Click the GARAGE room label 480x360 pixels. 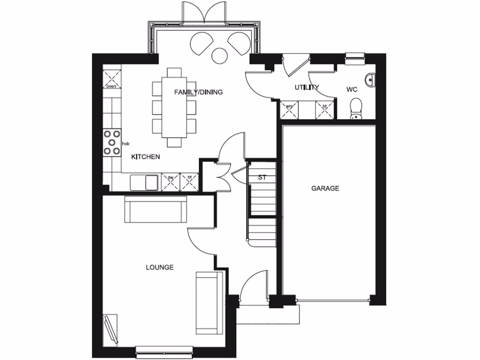[x=325, y=188]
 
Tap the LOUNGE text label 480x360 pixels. [x=159, y=268]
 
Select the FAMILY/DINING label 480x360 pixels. [x=198, y=92]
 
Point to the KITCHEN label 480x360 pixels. [x=146, y=157]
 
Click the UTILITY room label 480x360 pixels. [x=307, y=88]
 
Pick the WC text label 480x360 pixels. [x=352, y=89]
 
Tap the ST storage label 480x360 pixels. [x=262, y=178]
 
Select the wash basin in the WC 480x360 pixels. [x=370, y=80]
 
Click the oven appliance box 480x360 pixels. [x=111, y=78]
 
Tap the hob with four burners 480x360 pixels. [x=112, y=143]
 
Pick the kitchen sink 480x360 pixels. [x=145, y=182]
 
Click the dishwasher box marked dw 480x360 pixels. [x=171, y=182]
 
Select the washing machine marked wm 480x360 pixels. [x=289, y=110]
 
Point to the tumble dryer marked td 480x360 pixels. [x=324, y=110]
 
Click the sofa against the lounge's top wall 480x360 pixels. [x=155, y=209]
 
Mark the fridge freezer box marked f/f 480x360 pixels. [x=189, y=182]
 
